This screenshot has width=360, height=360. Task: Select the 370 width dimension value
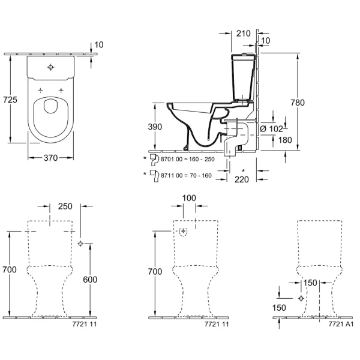click(51, 158)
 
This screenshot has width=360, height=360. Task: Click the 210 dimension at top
click(243, 34)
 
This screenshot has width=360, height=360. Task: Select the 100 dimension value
click(190, 198)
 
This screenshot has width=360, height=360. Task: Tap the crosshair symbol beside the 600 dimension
click(81, 243)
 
